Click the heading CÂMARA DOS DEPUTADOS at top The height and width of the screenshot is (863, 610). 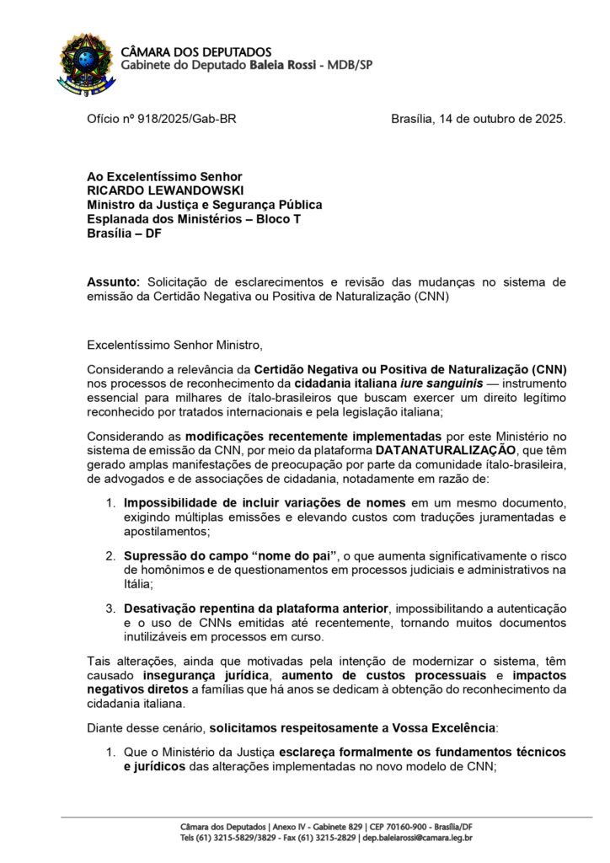196,52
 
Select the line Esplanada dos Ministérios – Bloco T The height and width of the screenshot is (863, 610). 194,219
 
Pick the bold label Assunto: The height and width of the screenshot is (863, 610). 114,281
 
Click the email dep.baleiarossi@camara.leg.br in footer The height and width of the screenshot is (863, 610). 417,838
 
